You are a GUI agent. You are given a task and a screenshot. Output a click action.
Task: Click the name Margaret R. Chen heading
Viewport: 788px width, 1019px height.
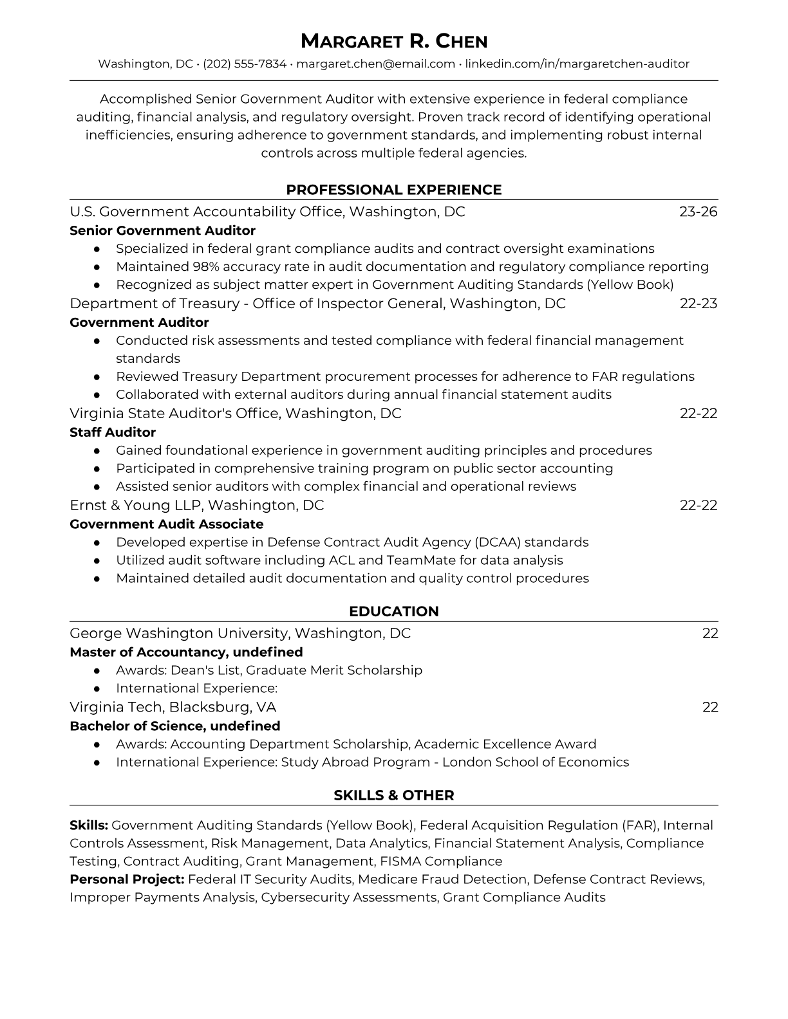[393, 41]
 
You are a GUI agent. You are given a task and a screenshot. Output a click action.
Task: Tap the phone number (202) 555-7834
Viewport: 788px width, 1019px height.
[245, 64]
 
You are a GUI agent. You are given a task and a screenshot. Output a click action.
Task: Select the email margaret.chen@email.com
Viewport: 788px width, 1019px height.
[376, 64]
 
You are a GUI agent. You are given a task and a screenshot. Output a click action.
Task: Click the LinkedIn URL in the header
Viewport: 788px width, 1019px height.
[577, 64]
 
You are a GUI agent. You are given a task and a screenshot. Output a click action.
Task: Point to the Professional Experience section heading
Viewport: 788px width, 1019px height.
[393, 190]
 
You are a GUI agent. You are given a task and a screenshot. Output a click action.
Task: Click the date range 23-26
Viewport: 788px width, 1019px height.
[698, 212]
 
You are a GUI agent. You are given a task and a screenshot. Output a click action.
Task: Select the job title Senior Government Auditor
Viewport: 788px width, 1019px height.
[162, 230]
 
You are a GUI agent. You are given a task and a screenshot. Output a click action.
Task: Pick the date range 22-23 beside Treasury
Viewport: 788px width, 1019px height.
[698, 304]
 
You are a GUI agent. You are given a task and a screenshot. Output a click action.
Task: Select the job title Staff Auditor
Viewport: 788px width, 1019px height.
[113, 432]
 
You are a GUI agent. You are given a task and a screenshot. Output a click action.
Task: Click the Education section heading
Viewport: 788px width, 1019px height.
[393, 612]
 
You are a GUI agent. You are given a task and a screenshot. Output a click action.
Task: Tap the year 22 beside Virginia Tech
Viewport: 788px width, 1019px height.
[709, 708]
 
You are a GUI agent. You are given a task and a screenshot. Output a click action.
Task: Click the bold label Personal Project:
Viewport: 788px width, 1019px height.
[127, 879]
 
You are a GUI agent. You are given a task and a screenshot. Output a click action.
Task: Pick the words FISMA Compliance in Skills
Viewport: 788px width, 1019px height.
[441, 861]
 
